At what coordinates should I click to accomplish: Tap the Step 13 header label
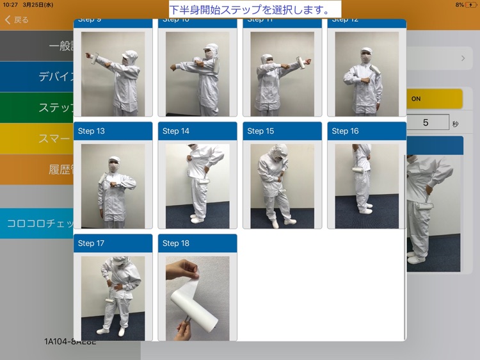tap(92, 131)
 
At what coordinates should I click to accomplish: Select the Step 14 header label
tap(176, 131)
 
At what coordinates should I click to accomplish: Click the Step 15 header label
tap(260, 131)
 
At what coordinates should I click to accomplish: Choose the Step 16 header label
tap(345, 131)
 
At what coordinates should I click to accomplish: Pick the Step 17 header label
tap(92, 243)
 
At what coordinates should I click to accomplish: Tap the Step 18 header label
tap(176, 243)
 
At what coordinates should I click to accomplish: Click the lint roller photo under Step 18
tap(197, 298)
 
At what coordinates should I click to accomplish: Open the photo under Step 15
tap(282, 186)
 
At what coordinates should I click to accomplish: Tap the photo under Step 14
tap(197, 186)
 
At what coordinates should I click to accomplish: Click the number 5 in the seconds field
tap(426, 122)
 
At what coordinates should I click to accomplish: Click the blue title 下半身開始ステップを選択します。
tap(255, 10)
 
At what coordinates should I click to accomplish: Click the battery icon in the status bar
tap(470, 4)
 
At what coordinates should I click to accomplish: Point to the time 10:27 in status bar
tap(10, 4)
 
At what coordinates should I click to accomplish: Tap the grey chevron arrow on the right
tap(463, 58)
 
